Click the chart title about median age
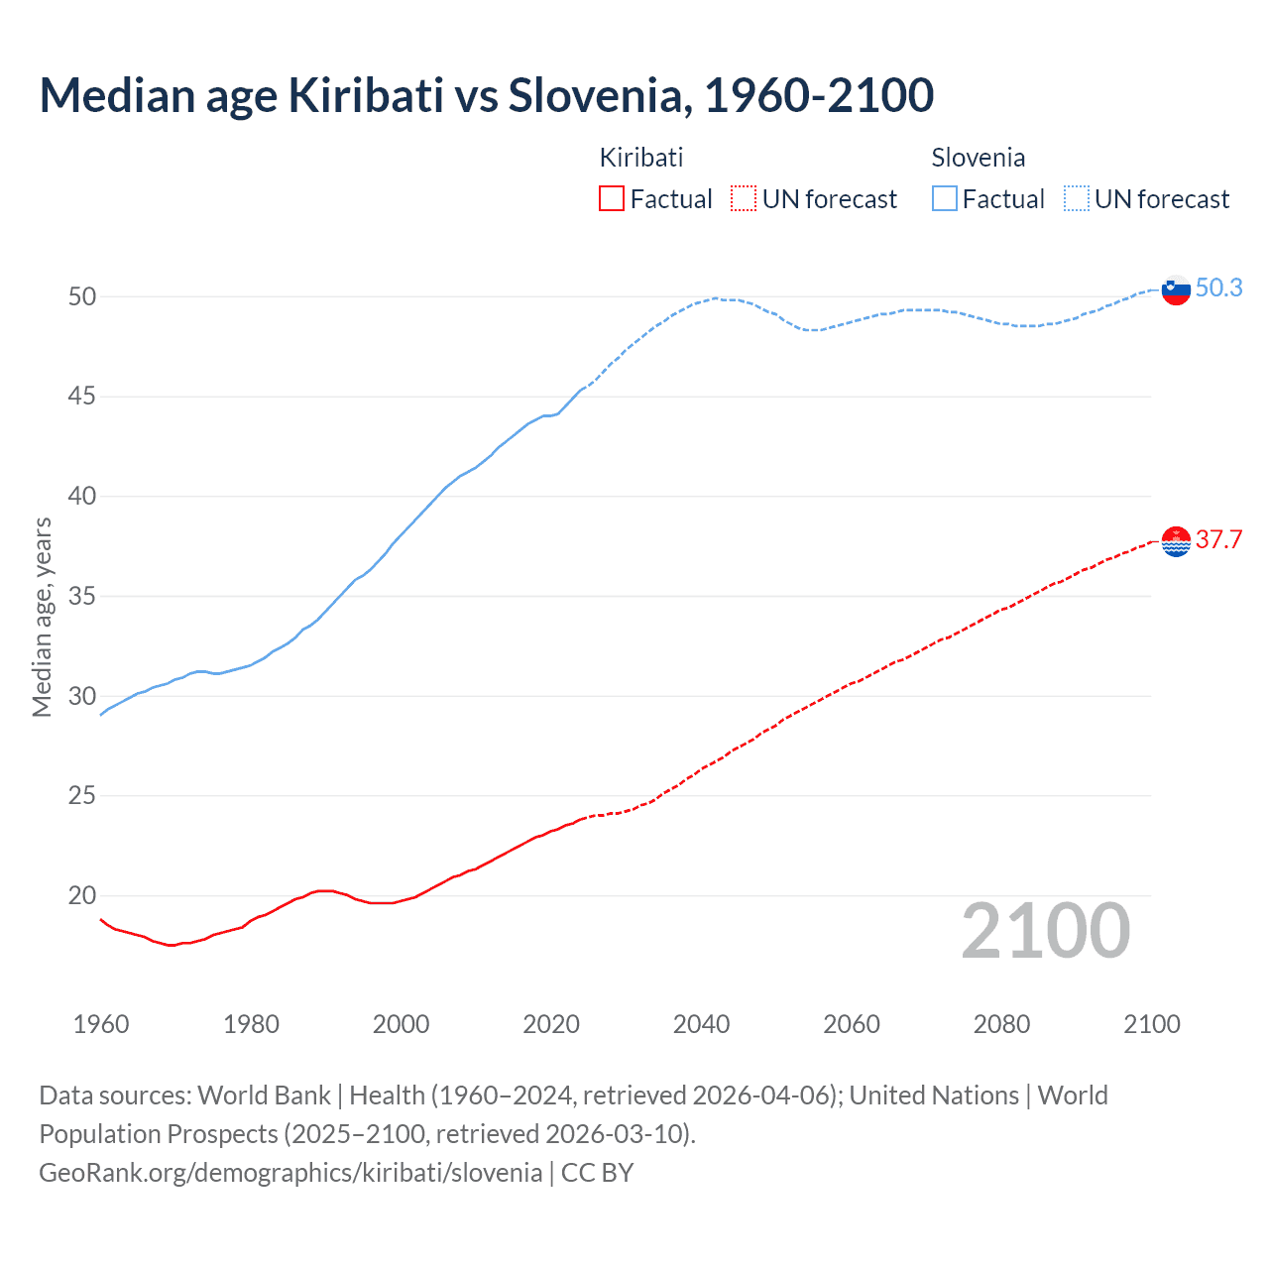(486, 95)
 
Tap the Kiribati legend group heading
(640, 158)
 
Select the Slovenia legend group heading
(978, 158)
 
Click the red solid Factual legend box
(612, 199)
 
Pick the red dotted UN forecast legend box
(744, 199)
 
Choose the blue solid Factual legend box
(945, 199)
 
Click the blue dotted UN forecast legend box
(1077, 199)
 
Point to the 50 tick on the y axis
(82, 296)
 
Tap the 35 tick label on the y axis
(82, 596)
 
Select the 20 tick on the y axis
(82, 895)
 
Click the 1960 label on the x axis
(101, 1024)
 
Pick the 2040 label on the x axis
(701, 1024)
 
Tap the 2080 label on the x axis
(1001, 1024)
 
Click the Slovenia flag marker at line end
(1176, 290)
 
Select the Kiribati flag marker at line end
(1176, 541)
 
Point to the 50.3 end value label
(1218, 288)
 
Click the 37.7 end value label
(1218, 539)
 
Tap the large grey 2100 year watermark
(1045, 930)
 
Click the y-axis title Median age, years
(42, 617)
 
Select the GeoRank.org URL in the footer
(290, 1172)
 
